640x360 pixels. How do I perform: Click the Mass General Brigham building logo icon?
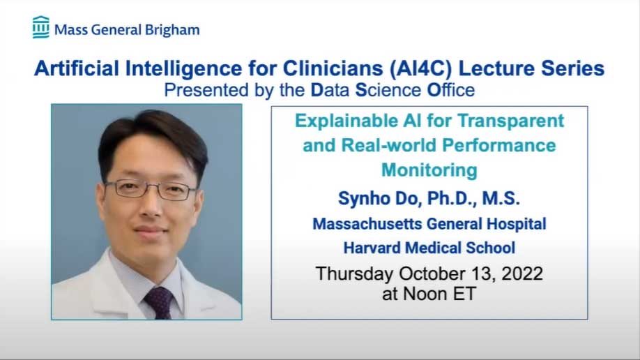pos(41,27)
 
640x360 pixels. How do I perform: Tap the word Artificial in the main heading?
pos(77,68)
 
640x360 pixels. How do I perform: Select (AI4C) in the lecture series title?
pos(421,68)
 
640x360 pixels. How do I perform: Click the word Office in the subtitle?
pos(451,90)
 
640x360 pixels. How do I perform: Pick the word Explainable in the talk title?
pos(346,121)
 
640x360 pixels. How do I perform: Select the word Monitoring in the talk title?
pos(429,170)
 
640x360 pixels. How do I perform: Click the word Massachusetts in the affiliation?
pos(367,224)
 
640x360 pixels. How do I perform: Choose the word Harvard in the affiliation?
pos(372,248)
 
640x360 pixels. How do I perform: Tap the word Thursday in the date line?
pos(354,273)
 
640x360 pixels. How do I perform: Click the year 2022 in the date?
pos(522,273)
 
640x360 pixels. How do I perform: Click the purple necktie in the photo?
pos(158,303)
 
